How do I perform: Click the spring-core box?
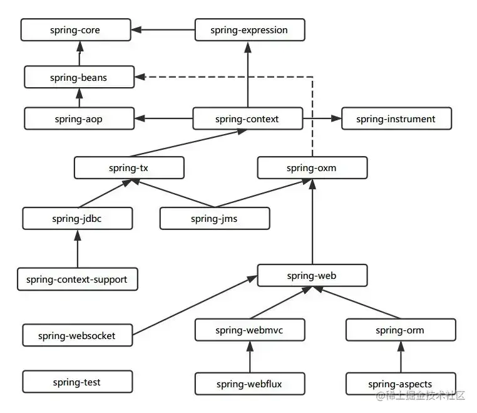pos(76,30)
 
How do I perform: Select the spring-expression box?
pos(250,30)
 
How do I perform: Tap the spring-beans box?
pos(79,77)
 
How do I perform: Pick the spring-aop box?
pos(79,118)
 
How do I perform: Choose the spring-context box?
pos(248,118)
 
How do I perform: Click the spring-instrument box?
pos(396,118)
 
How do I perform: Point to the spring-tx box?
pos(129,168)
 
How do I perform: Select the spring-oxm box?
pos(312,168)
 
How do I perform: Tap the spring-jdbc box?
pos(77,218)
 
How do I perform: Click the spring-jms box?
pos(215,218)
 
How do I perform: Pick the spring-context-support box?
pos(77,279)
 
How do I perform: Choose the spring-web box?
pos(312,275)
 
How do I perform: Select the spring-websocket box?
pos(77,335)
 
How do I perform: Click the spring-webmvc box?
pos(250,330)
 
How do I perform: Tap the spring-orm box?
pos(401,330)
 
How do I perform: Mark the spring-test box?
pos(77,382)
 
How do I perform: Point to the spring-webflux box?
pos(250,384)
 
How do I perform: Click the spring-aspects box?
pos(401,384)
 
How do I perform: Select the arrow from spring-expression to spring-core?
pos(163,30)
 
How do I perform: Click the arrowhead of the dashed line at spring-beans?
pos(140,77)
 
